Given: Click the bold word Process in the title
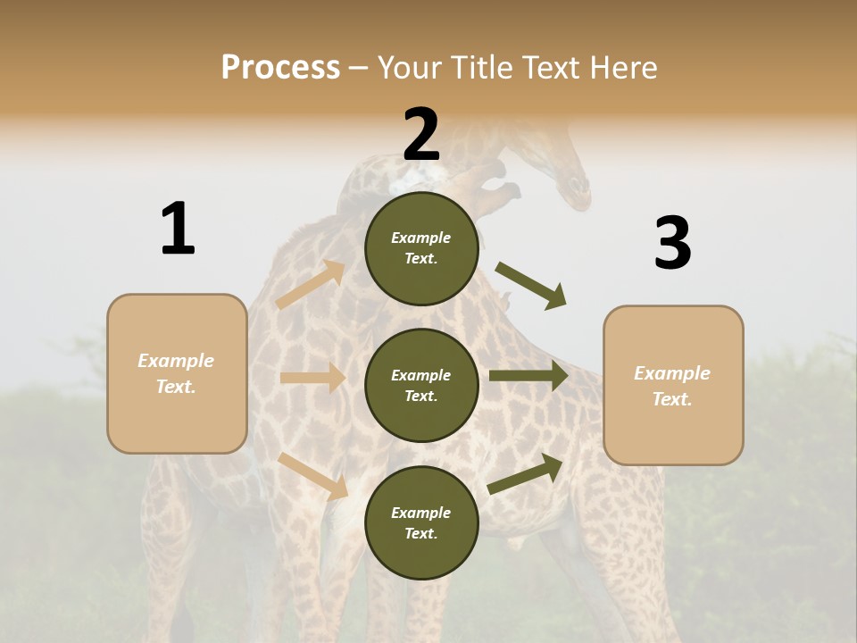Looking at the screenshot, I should [x=280, y=68].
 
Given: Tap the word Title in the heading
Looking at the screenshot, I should [x=480, y=68].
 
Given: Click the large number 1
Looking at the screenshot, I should [x=178, y=229].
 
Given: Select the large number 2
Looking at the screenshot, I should [x=421, y=134].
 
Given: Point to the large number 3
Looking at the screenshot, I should [x=672, y=243].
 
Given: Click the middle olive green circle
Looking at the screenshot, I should [x=421, y=385].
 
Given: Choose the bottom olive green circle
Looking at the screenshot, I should [x=421, y=522].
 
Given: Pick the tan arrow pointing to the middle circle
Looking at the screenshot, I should [x=312, y=378].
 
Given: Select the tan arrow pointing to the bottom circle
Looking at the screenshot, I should [x=312, y=475].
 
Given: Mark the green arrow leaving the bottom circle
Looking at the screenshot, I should [x=526, y=472].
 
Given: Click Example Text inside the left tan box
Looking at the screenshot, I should [x=176, y=373].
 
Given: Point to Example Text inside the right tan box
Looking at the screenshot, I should [x=672, y=386].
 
